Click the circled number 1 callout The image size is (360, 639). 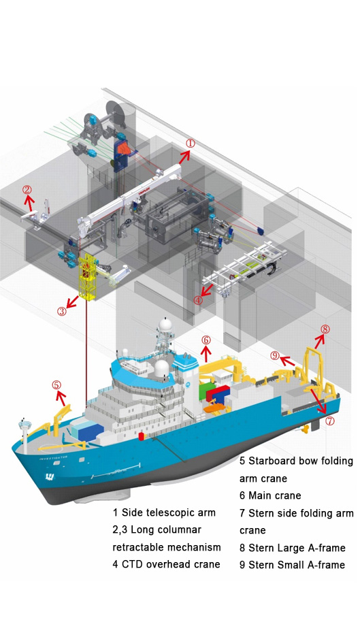(191, 144)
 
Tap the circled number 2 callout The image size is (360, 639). (27, 189)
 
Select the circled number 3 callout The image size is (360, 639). (61, 312)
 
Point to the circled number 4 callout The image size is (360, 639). (198, 300)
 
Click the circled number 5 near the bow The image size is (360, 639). (56, 384)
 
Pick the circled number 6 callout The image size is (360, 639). (206, 340)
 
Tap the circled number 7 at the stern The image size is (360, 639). (329, 421)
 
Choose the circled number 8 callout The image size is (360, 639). (325, 329)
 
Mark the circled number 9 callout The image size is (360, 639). (275, 355)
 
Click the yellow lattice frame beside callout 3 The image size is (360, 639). (88, 276)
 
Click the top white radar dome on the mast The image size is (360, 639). (165, 325)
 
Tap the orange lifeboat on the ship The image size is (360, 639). (214, 408)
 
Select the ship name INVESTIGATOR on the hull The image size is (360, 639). (53, 458)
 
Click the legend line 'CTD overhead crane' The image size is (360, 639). (166, 564)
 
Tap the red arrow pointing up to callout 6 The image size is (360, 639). (206, 353)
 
